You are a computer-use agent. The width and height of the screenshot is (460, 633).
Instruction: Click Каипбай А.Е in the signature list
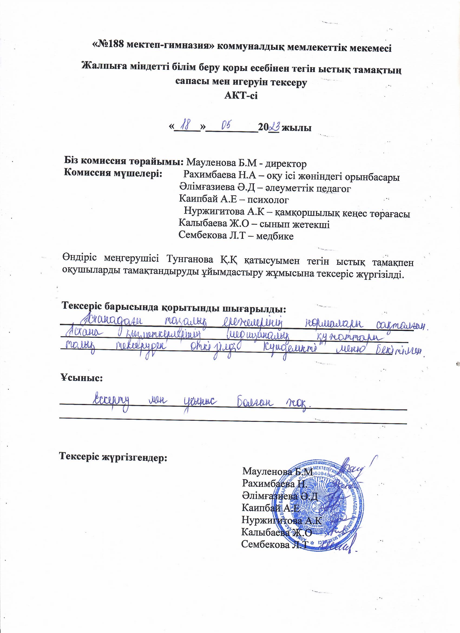click(271, 508)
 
